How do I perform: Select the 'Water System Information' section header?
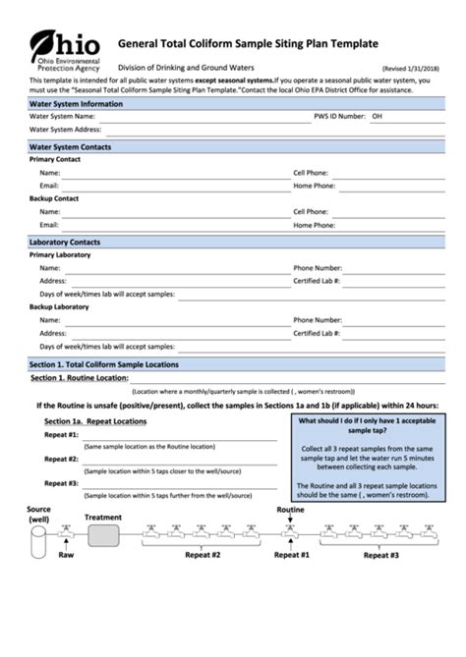[77, 103]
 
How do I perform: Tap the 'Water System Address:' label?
[65, 129]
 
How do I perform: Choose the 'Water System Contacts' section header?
[71, 146]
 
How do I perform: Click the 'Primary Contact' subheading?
[55, 159]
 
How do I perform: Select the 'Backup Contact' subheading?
[54, 198]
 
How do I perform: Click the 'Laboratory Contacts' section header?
[65, 242]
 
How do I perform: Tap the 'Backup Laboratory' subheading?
[61, 307]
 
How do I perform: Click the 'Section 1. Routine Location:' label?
[80, 377]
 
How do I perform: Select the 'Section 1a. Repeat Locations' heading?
[95, 421]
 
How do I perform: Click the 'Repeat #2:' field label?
[61, 459]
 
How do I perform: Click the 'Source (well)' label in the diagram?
[39, 515]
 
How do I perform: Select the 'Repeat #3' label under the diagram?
[381, 555]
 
